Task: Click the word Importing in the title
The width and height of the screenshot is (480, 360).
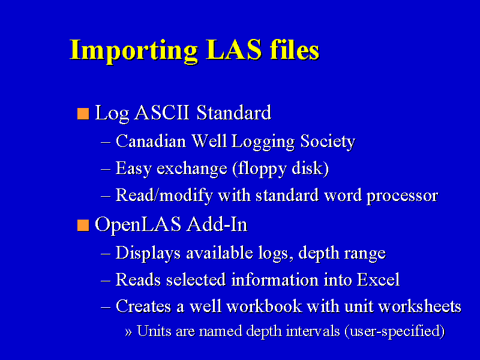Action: (x=133, y=51)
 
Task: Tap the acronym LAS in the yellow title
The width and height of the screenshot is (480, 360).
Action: (x=234, y=49)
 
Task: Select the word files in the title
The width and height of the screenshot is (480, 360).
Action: (x=295, y=49)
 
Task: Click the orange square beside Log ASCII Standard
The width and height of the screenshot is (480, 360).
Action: (x=83, y=113)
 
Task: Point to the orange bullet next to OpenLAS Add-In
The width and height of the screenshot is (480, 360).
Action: (x=83, y=226)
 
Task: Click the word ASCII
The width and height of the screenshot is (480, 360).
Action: (x=162, y=112)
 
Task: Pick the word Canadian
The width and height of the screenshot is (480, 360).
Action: (x=151, y=141)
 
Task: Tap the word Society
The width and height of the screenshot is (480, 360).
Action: (x=328, y=142)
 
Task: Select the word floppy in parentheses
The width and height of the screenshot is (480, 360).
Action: (x=260, y=169)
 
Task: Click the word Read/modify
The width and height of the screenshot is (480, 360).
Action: (x=164, y=196)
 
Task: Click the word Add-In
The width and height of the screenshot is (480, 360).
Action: (x=217, y=224)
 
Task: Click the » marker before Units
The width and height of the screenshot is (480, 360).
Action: (x=128, y=332)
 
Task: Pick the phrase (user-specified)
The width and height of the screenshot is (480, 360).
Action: (x=395, y=332)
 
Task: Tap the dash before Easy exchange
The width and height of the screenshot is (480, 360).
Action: (x=106, y=169)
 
